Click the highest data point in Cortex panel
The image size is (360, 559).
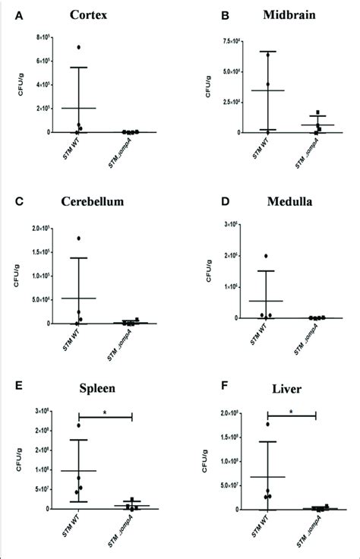click(79, 48)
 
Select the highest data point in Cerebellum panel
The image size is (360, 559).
click(79, 238)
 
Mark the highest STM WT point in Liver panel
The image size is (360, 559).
click(267, 424)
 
